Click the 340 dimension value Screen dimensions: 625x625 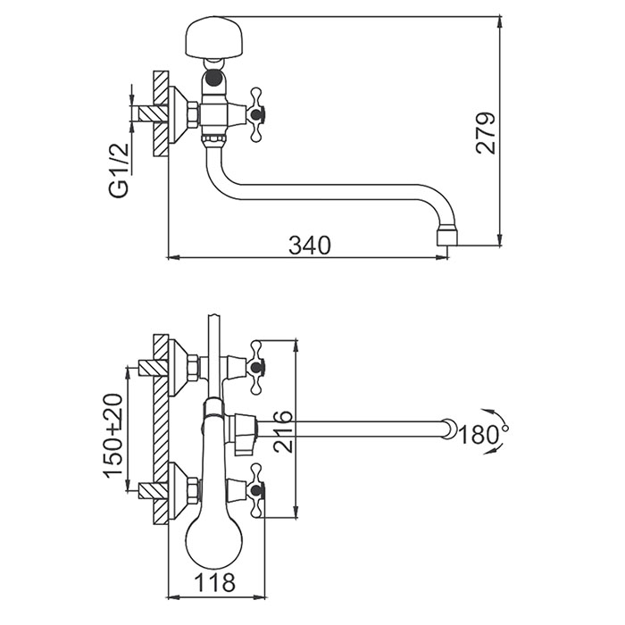click(310, 245)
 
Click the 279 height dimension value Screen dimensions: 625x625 click(486, 133)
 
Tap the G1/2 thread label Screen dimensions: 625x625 click(119, 171)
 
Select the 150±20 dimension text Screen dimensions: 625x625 click(112, 436)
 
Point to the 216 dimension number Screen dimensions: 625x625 click(283, 431)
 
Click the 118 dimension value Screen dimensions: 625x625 click(215, 583)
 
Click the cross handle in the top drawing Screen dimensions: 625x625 click(257, 115)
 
